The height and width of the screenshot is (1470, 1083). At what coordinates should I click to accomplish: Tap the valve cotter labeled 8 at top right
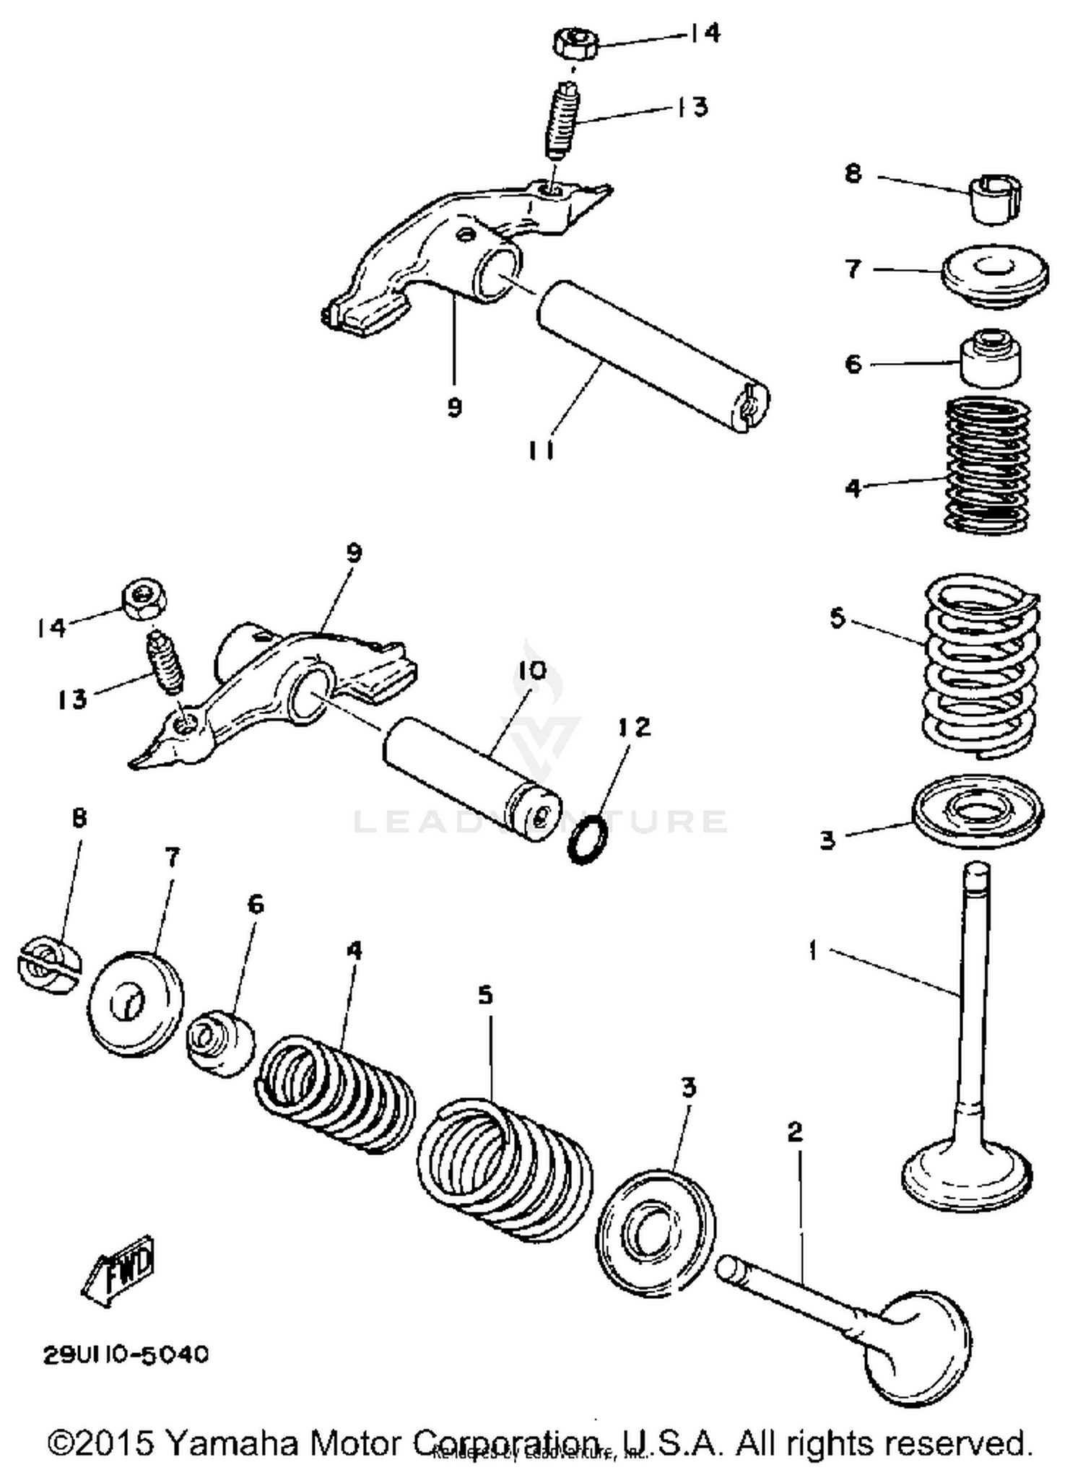tap(996, 199)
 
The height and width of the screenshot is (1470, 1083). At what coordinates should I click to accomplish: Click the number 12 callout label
tap(633, 726)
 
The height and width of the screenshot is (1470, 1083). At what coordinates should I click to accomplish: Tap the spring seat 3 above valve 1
tap(978, 810)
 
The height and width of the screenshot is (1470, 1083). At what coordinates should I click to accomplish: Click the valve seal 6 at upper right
tap(990, 358)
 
